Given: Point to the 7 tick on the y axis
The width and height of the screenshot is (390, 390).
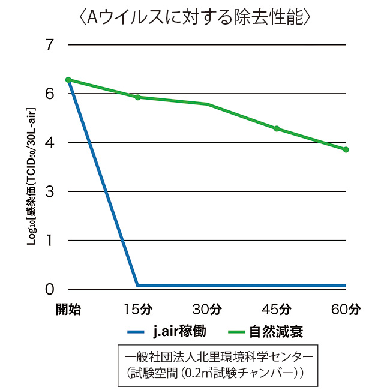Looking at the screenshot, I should click(x=49, y=45).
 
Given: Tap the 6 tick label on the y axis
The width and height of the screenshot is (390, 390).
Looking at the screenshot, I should click(x=49, y=94).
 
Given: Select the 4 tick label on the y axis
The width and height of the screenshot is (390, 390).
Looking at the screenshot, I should click(x=49, y=143).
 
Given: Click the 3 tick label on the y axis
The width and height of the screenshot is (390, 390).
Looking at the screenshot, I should click(x=49, y=191).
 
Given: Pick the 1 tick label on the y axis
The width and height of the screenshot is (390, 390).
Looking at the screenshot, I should click(x=50, y=241).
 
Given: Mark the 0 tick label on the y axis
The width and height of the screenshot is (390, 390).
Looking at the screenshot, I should click(x=49, y=289).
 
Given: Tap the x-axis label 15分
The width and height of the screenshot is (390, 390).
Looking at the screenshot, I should click(x=138, y=310).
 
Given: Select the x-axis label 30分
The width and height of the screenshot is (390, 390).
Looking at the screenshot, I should click(x=208, y=310).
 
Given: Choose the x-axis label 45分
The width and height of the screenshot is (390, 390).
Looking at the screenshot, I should click(x=277, y=310).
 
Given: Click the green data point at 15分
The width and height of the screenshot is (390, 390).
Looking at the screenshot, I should click(x=138, y=97).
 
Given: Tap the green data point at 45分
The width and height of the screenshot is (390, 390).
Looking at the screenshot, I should click(x=277, y=128).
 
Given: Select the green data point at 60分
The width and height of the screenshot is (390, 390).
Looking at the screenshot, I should click(x=346, y=149).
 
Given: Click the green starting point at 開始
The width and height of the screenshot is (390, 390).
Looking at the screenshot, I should click(x=68, y=79).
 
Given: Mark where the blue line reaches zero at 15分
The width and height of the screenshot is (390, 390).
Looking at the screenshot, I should click(x=138, y=286).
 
